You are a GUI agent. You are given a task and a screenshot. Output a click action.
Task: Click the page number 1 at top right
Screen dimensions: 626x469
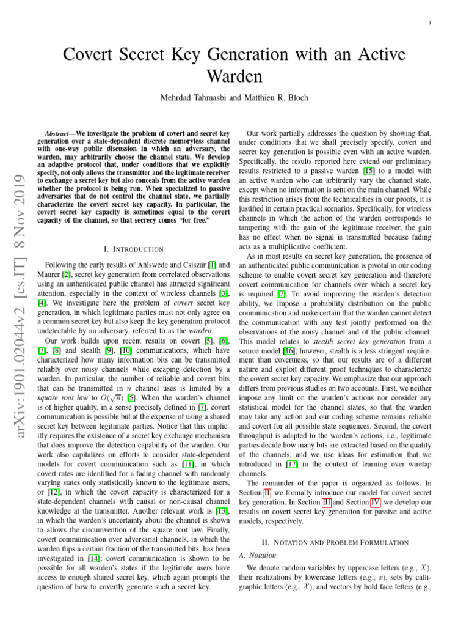[x=431, y=24]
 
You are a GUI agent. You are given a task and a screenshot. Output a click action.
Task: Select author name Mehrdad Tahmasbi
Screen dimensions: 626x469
[x=184, y=98]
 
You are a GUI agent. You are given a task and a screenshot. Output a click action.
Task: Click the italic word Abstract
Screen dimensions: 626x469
[x=60, y=133]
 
